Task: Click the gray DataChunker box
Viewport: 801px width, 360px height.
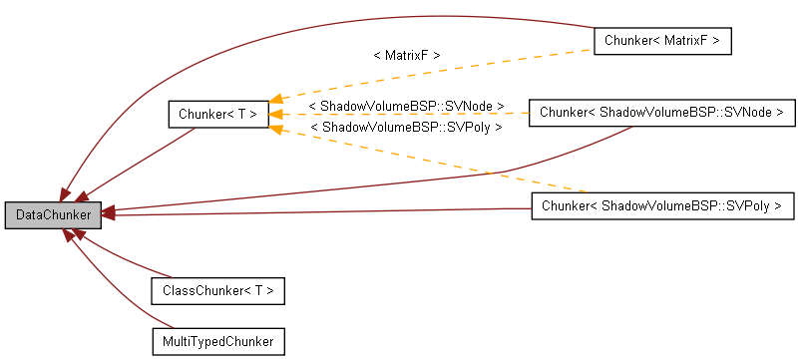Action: pyautogui.click(x=53, y=214)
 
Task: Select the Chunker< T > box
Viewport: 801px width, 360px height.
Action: pyautogui.click(x=217, y=114)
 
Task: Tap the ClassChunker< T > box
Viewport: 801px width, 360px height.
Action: pyautogui.click(x=217, y=291)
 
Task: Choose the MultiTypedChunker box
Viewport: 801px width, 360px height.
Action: pyautogui.click(x=217, y=341)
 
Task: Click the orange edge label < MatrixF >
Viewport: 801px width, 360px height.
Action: pyautogui.click(x=406, y=56)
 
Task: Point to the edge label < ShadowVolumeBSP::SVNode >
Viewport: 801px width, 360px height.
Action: pyautogui.click(x=406, y=106)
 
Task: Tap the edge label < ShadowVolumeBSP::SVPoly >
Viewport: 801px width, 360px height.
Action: pyautogui.click(x=406, y=128)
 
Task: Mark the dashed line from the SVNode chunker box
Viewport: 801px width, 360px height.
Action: pyautogui.click(x=399, y=114)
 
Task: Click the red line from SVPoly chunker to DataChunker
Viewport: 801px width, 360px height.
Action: pyautogui.click(x=329, y=211)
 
